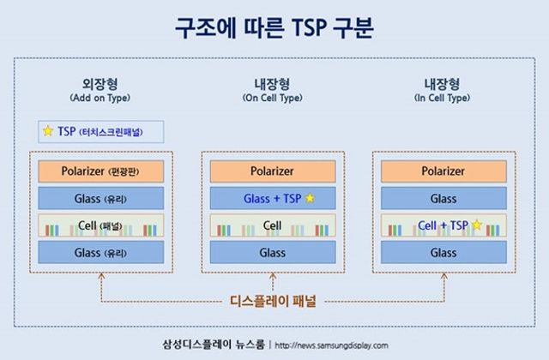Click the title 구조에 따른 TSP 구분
point(274,27)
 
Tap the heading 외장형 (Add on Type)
point(101,90)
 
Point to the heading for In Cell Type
point(443,90)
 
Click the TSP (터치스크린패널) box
point(101,132)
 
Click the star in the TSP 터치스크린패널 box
point(48,132)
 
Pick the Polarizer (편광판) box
point(101,171)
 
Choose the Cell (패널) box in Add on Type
point(101,226)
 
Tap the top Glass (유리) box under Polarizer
point(101,199)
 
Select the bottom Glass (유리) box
point(101,253)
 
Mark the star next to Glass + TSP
point(311,199)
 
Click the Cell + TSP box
point(443,226)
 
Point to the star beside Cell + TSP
point(476,226)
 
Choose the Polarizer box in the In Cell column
point(443,171)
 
